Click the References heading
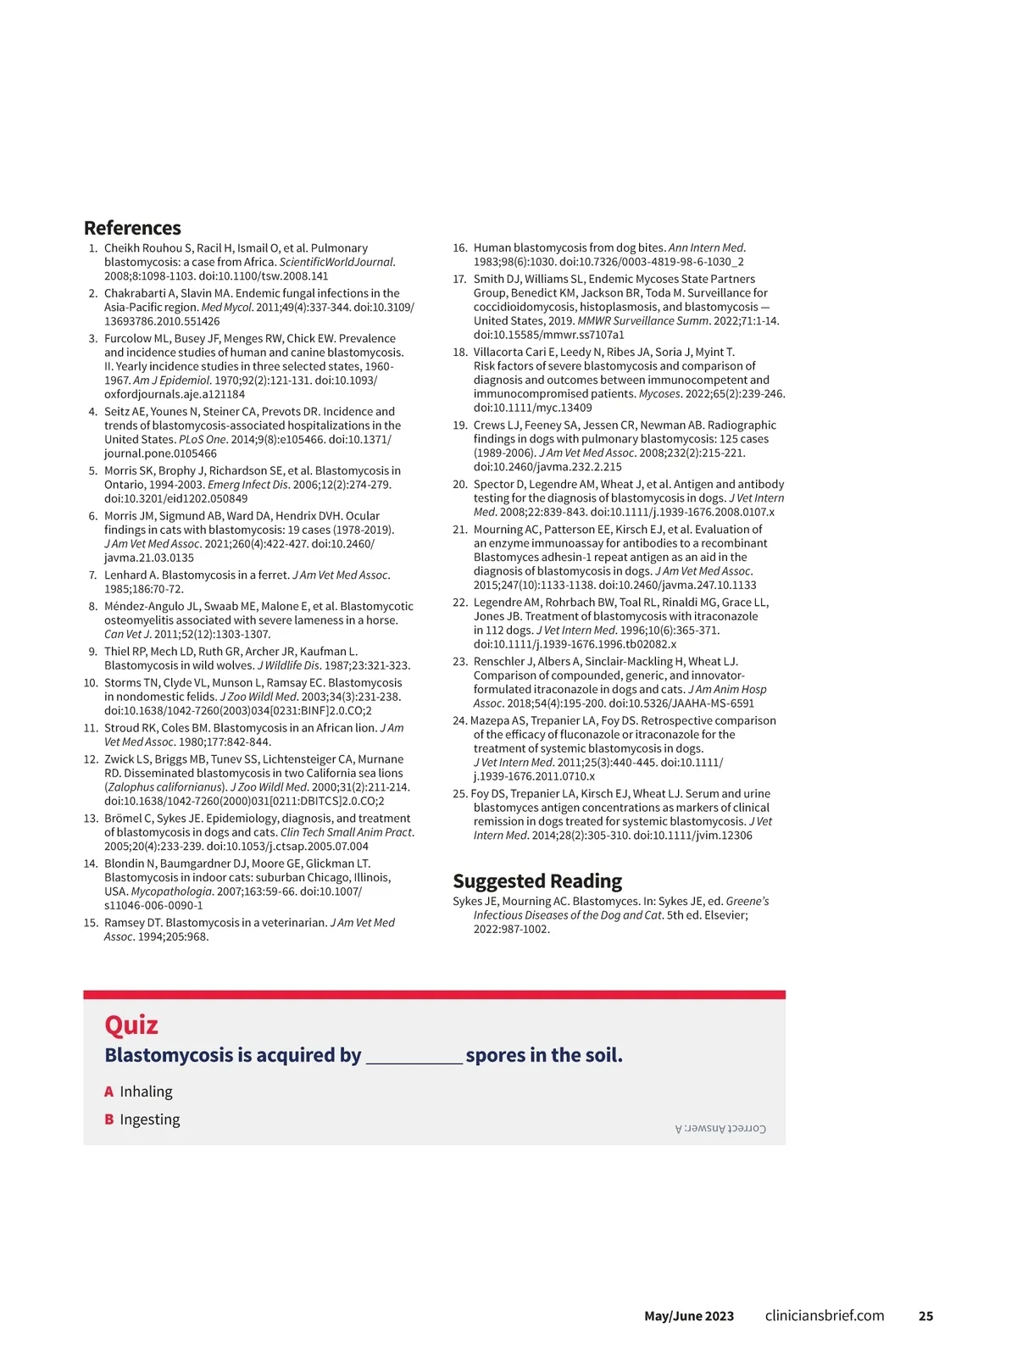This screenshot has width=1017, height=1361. click(x=132, y=228)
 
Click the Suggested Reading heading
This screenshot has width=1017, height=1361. click(x=537, y=881)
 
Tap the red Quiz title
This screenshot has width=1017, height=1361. click(x=131, y=1025)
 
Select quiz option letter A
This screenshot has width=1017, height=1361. click(x=108, y=1092)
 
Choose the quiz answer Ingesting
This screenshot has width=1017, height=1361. click(x=149, y=1119)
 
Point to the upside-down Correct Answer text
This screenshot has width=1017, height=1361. click(x=720, y=1129)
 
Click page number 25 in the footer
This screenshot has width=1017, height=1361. click(x=925, y=1316)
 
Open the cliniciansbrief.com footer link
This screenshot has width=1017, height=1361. click(x=825, y=1316)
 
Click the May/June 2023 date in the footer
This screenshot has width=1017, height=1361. click(x=689, y=1316)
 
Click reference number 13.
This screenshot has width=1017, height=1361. click(x=91, y=819)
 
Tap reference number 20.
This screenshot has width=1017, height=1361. click(x=459, y=485)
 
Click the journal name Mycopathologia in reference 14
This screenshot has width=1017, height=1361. click(x=171, y=892)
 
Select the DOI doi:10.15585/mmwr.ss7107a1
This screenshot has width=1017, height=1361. click(x=548, y=335)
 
